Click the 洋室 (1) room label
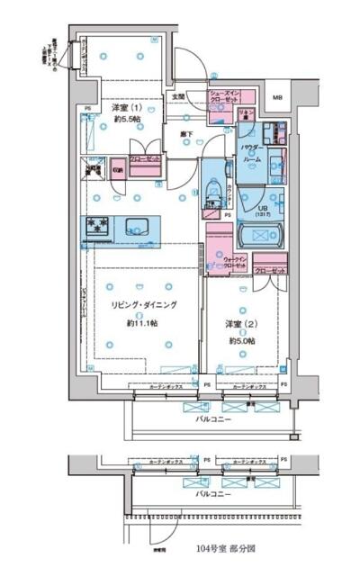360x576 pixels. pos(125,108)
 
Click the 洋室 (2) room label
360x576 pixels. pos(240,325)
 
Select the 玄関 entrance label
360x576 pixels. pos(178,96)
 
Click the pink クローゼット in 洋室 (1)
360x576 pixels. pos(145,159)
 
